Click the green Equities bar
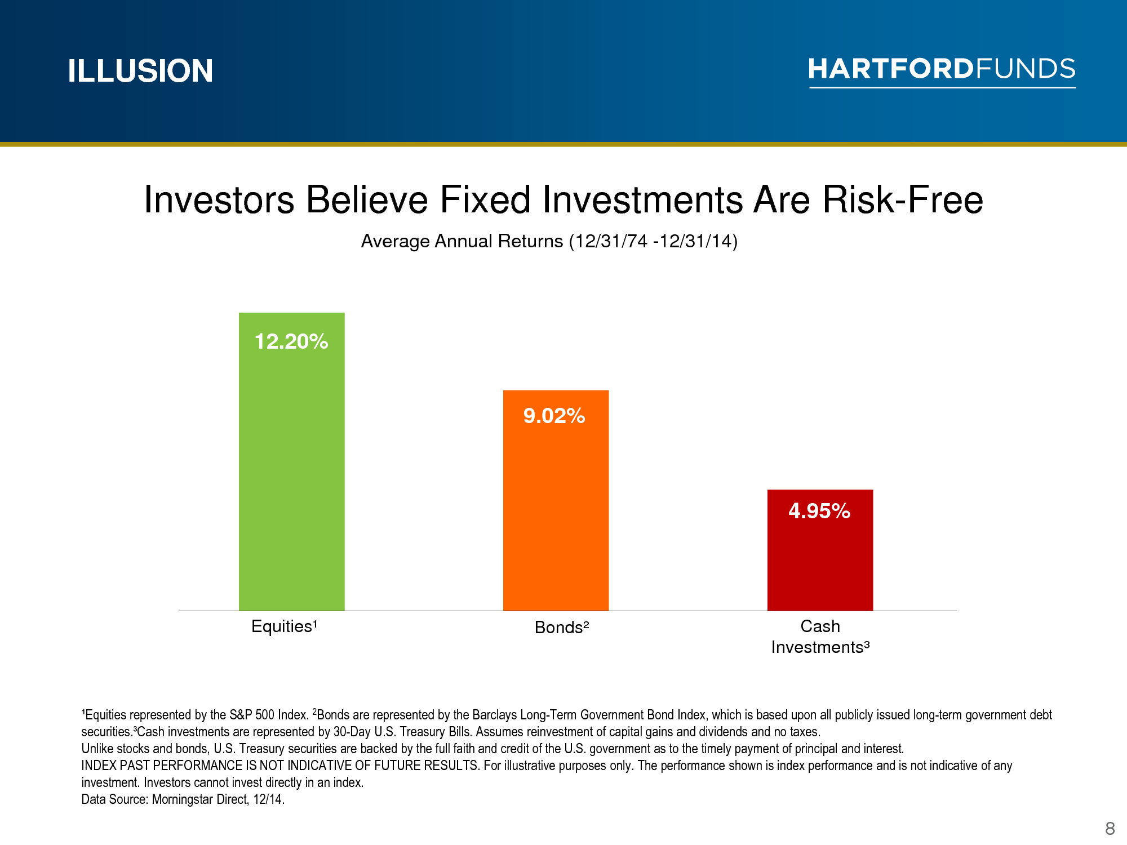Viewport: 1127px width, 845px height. coord(291,461)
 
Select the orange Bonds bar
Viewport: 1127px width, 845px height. coord(556,500)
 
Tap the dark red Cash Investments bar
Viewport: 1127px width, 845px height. coord(820,550)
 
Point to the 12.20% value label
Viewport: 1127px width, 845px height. coord(291,341)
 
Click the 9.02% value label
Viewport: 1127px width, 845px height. coord(554,416)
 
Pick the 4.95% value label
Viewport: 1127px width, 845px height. coord(819,511)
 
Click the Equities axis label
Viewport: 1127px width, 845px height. coord(285,626)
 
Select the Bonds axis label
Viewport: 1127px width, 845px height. coord(562,627)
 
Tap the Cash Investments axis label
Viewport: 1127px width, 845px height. coord(820,637)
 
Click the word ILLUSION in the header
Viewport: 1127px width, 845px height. coord(140,71)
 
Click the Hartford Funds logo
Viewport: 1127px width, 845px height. coord(942,72)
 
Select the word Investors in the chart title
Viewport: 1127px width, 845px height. coord(219,199)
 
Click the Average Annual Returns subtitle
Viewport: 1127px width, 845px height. coord(549,241)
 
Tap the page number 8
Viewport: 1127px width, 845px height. coord(1110,829)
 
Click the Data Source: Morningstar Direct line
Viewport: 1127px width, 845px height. coord(183,799)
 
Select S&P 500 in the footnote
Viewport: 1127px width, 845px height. coord(252,715)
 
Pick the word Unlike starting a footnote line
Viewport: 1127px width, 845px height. coord(97,749)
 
